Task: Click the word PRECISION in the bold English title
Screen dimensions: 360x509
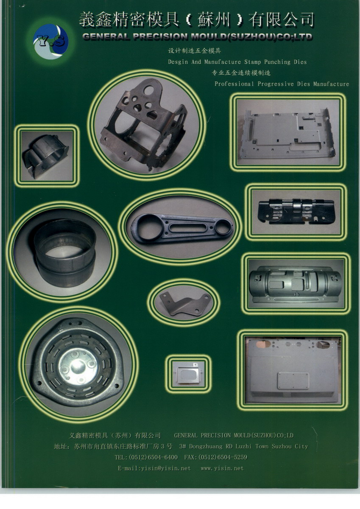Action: [x=161, y=37]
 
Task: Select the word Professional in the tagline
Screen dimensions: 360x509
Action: [x=234, y=84]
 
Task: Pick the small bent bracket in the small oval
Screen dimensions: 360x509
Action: [x=184, y=302]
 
